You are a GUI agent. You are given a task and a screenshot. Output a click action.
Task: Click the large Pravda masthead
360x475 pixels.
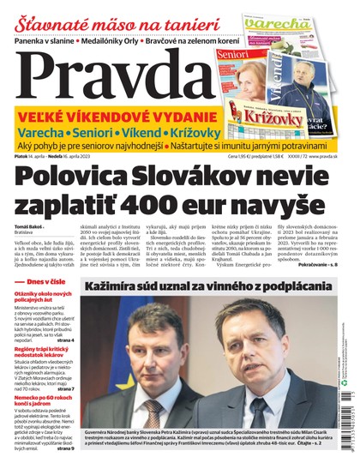click(x=111, y=75)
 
